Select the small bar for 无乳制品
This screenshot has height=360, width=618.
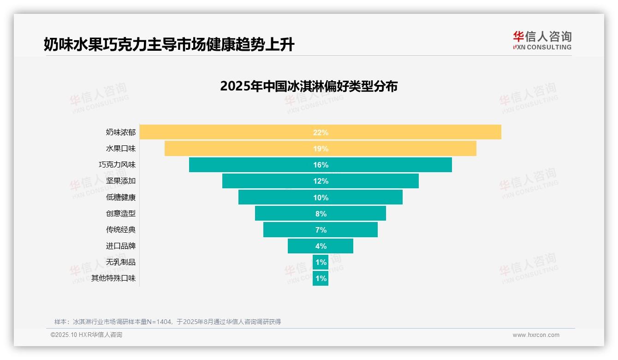(x=321, y=262)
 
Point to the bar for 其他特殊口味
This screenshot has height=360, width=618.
(x=321, y=278)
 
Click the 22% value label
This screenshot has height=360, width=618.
(x=321, y=132)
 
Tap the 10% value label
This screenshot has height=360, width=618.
(x=321, y=198)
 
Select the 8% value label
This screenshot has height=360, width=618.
(x=321, y=214)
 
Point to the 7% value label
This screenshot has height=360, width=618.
(x=321, y=230)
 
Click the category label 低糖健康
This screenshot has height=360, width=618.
(x=121, y=198)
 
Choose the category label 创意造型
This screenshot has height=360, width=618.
(x=121, y=214)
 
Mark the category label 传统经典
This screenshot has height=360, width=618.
(x=121, y=230)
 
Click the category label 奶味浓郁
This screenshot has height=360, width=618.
(x=121, y=132)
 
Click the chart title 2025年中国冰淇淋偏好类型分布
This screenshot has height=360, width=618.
(x=309, y=86)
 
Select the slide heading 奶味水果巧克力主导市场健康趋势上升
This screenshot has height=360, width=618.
(x=169, y=45)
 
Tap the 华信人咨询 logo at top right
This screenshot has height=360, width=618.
(x=542, y=41)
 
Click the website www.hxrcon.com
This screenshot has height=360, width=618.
(x=536, y=335)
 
